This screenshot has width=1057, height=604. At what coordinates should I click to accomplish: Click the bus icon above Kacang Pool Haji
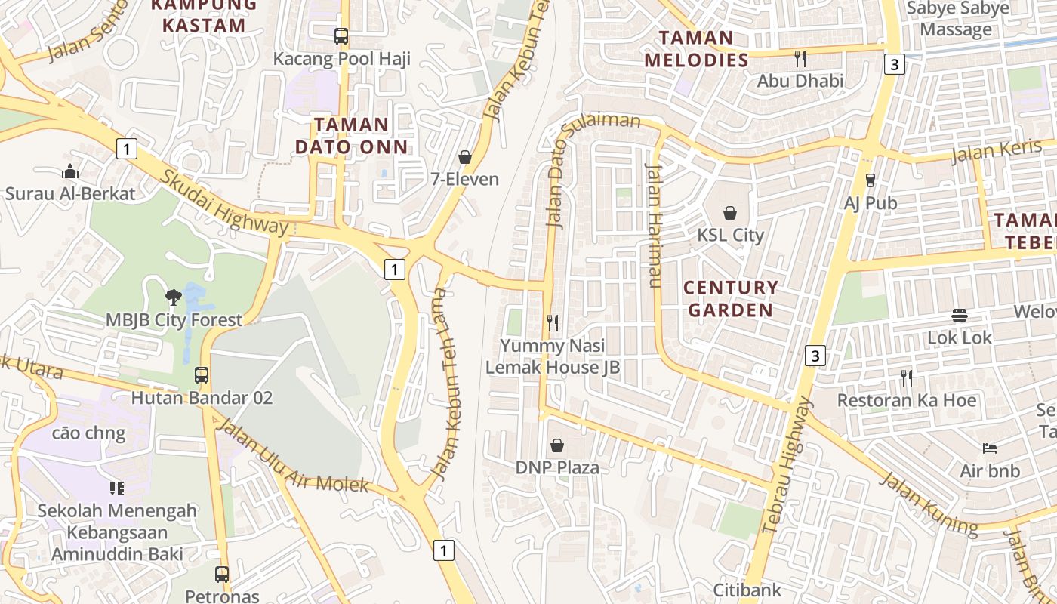(341, 35)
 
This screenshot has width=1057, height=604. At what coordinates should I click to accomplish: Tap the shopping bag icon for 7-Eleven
(465, 157)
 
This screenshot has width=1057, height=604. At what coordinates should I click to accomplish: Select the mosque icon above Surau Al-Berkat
(70, 171)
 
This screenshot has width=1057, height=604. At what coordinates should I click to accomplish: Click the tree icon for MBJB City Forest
(174, 297)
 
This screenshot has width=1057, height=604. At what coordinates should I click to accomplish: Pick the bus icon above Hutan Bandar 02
(202, 374)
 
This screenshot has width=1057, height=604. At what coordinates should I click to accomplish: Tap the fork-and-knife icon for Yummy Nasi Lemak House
(553, 323)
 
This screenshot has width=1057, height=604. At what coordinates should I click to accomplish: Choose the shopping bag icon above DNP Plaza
(557, 445)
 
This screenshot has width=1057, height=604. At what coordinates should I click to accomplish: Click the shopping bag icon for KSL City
(730, 213)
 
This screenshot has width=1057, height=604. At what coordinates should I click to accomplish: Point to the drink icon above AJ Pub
(871, 180)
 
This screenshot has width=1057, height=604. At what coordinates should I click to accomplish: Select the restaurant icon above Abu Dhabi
(800, 58)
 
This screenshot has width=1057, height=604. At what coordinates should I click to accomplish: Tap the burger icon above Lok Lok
(960, 315)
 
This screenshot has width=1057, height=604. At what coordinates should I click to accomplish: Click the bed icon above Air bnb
(990, 448)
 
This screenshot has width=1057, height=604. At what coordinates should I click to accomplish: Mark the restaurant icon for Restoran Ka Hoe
(907, 377)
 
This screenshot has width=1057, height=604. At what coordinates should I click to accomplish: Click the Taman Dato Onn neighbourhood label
(351, 135)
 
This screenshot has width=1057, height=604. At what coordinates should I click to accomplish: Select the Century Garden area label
(730, 298)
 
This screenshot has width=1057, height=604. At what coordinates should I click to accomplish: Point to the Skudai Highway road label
(224, 202)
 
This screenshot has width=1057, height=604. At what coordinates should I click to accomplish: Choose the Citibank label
(747, 589)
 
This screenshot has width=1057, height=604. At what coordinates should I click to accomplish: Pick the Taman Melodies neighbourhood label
(696, 48)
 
